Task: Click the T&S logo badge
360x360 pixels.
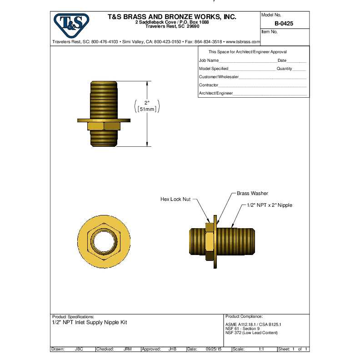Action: (x=71, y=25)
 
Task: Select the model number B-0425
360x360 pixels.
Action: (x=284, y=24)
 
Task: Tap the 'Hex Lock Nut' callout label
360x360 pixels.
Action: (x=175, y=199)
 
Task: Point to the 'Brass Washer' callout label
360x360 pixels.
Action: (x=252, y=193)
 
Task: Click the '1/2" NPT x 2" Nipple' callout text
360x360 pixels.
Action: (x=270, y=205)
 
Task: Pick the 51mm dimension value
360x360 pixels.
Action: (x=147, y=109)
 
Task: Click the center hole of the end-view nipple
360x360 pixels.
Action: (x=104, y=241)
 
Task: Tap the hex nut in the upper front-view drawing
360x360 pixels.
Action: (x=104, y=126)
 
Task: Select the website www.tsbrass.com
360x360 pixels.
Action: (x=243, y=42)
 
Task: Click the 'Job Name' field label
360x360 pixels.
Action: (x=209, y=60)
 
